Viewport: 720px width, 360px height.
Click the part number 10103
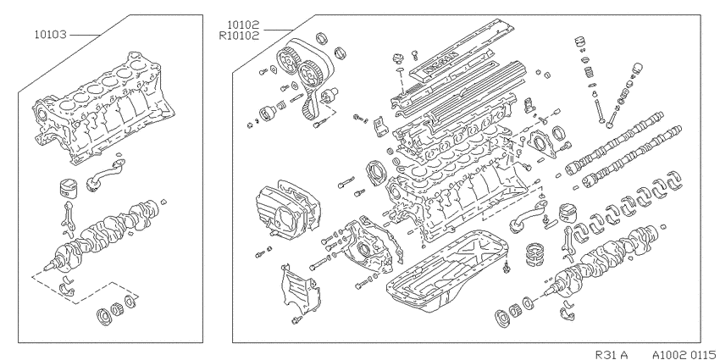pyautogui.click(x=50, y=35)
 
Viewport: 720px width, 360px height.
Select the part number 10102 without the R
pyautogui.click(x=243, y=25)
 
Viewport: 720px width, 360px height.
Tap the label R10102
pyautogui.click(x=239, y=36)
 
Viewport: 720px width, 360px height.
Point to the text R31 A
pyautogui.click(x=612, y=354)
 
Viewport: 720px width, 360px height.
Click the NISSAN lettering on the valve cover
pyautogui.click(x=440, y=62)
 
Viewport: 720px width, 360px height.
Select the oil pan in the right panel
pyautogui.click(x=448, y=269)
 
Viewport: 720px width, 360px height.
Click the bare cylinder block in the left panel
pyautogui.click(x=103, y=108)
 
